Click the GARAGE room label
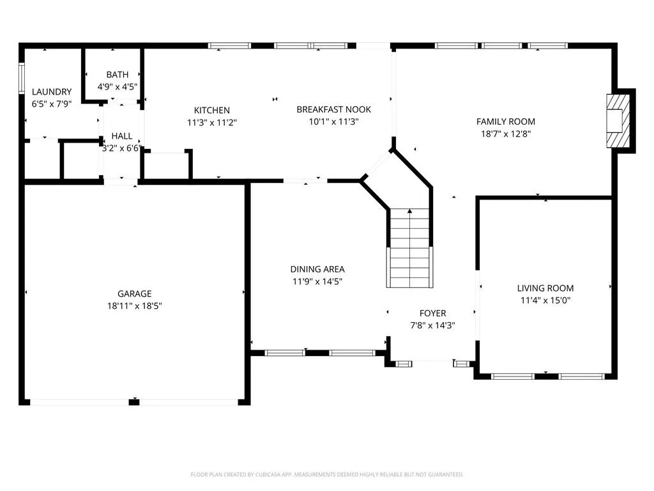(x=134, y=293)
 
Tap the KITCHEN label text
(x=212, y=110)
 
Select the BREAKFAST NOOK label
(x=333, y=109)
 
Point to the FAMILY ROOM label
(x=506, y=121)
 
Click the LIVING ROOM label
(x=545, y=288)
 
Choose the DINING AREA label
(x=317, y=269)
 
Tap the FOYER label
(x=432, y=313)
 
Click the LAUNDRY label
(x=52, y=92)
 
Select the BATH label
(x=118, y=75)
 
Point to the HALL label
(x=122, y=136)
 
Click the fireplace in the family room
(x=618, y=121)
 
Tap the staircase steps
(x=409, y=248)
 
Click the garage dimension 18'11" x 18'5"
(x=134, y=306)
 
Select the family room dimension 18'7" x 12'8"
(x=506, y=134)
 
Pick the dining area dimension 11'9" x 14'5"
(x=317, y=281)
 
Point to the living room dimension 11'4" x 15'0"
(x=545, y=300)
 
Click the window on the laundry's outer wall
(x=22, y=78)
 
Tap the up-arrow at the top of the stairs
(x=410, y=211)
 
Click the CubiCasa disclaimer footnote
(x=327, y=474)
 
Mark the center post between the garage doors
(x=134, y=402)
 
